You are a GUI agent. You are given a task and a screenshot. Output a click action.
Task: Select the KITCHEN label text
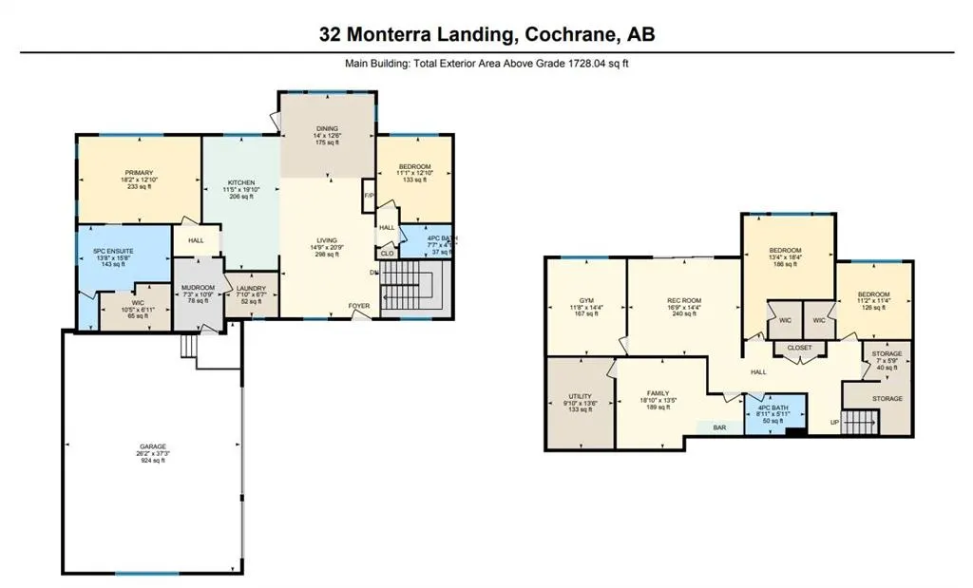[x=241, y=182]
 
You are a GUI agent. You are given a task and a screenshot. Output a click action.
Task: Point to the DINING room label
[x=327, y=128]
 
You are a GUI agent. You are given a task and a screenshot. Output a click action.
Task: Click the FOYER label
[x=358, y=306]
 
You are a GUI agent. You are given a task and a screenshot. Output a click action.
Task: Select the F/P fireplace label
[x=369, y=196]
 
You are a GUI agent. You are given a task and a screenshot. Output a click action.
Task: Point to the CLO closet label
[x=388, y=254]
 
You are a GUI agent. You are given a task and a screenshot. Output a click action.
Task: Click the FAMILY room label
[x=658, y=393]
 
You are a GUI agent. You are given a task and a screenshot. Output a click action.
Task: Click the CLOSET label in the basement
[x=799, y=348]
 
